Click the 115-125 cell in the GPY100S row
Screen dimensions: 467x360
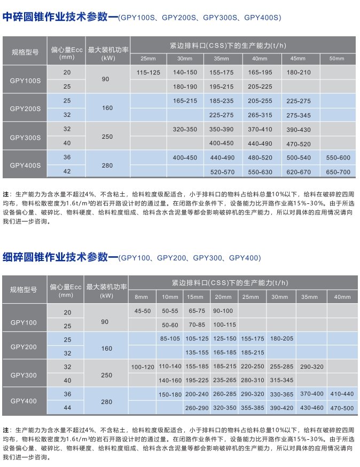pos(148,72)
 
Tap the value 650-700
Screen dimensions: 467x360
pos(338,172)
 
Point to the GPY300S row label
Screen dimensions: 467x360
pos(25,137)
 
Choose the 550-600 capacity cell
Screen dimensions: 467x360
pos(338,157)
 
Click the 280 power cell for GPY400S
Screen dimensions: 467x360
pos(107,165)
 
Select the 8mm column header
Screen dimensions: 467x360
pos(142,297)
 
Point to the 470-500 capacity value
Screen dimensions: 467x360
pos(342,408)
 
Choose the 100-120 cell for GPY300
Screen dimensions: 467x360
pos(142,367)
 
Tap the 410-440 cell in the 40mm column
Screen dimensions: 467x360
pos(342,394)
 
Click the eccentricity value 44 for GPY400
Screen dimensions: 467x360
pos(67,408)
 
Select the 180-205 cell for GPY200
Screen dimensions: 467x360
pos(282,339)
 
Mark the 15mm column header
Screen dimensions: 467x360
pos(195,297)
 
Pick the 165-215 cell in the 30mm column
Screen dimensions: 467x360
pos(185,100)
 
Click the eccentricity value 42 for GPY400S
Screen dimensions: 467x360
pos(67,172)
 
